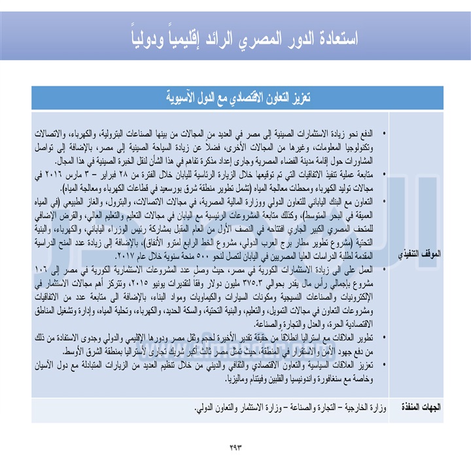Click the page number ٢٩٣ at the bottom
point(235,447)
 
